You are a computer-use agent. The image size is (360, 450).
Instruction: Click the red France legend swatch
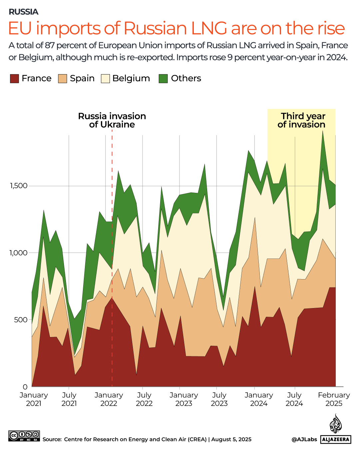pyautogui.click(x=14, y=79)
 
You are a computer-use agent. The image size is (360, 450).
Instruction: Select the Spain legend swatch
pyautogui.click(x=63, y=79)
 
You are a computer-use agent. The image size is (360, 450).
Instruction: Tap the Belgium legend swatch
pyautogui.click(x=105, y=79)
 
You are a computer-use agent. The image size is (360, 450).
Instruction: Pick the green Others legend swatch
pyautogui.click(x=163, y=79)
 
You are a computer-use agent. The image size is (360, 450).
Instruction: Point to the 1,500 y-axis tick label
pyautogui.click(x=19, y=186)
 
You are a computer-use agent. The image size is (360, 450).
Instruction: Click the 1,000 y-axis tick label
pyautogui.click(x=19, y=252)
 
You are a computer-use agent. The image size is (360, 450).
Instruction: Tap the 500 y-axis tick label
pyautogui.click(x=21, y=319)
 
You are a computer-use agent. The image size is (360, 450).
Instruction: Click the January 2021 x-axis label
pyautogui.click(x=34, y=399)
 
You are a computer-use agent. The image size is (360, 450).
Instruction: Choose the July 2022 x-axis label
pyautogui.click(x=144, y=399)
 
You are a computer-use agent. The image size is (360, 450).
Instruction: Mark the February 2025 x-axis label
pyautogui.click(x=334, y=399)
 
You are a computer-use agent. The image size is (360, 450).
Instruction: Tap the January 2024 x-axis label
pyautogui.click(x=259, y=399)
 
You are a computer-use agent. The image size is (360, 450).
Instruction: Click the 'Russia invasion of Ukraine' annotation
pyautogui.click(x=112, y=120)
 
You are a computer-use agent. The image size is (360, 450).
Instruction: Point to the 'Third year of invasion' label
pyautogui.click(x=302, y=120)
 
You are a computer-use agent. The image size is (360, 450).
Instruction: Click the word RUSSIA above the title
pyautogui.click(x=23, y=12)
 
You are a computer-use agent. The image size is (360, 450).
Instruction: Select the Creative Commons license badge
pyautogui.click(x=24, y=436)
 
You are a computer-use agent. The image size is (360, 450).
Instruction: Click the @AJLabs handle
pyautogui.click(x=304, y=439)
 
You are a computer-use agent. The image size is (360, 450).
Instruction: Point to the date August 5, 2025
pyautogui.click(x=231, y=439)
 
